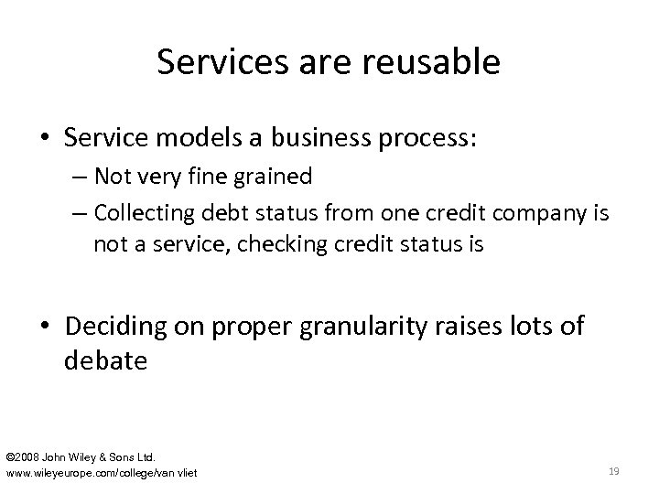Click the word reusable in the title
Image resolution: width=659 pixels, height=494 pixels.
[x=434, y=62]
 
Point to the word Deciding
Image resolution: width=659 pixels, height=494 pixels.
[x=139, y=327]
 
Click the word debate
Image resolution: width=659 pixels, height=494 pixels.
[x=105, y=360]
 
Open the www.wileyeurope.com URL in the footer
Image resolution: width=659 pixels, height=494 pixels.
[x=102, y=472]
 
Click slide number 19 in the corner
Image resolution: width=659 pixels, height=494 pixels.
[x=614, y=471]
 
